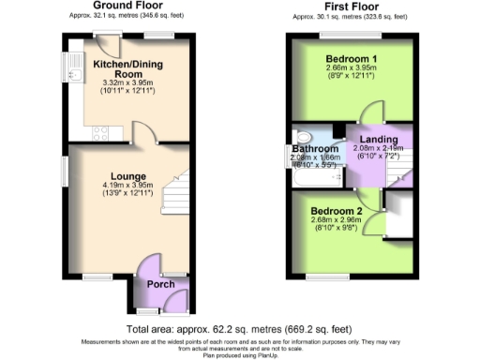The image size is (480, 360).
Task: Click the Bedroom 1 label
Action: [x=349, y=58]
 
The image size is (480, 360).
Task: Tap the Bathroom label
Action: [x=315, y=149]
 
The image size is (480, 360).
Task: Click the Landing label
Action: [x=378, y=141]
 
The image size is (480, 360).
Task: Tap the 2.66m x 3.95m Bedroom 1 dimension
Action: [x=349, y=69]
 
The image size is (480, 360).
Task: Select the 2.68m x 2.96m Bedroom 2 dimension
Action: [x=337, y=221]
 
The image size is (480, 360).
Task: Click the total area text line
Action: [x=239, y=330]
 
